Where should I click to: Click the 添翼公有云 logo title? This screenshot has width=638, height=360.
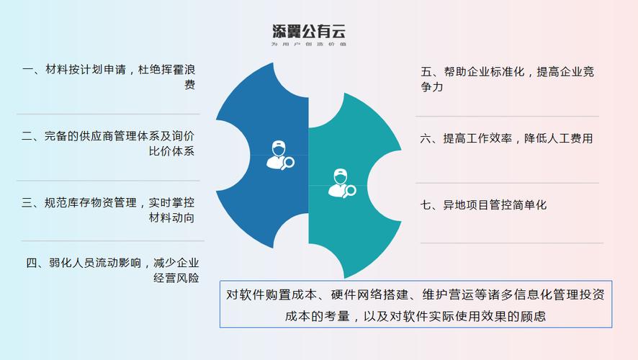309,31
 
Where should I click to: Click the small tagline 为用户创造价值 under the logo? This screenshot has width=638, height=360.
309,45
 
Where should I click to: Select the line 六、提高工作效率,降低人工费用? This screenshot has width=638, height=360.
507,139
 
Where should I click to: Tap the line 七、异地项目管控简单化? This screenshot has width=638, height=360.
484,205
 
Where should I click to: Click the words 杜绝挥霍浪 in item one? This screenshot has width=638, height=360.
169,70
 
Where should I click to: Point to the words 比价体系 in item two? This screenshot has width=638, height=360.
171,151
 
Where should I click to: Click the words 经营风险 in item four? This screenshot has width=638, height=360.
176,278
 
